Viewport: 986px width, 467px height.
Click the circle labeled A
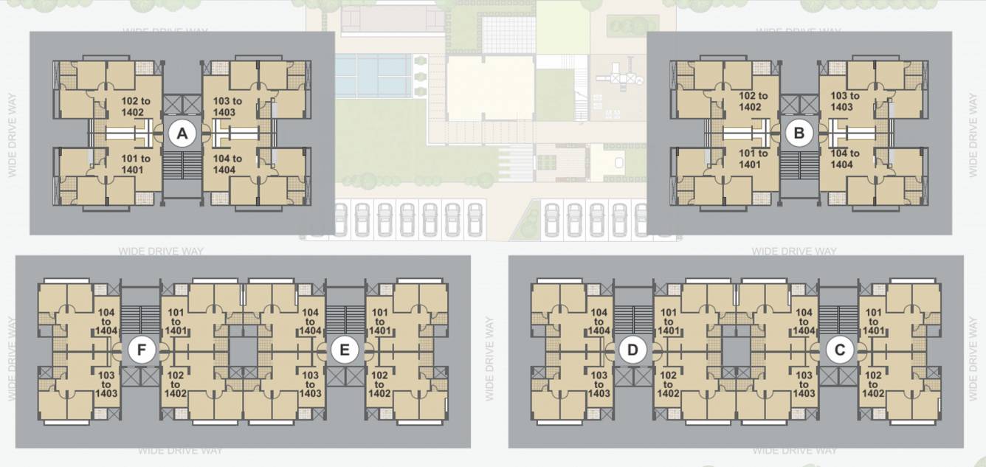pos(182,134)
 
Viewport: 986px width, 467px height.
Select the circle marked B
pos(799,134)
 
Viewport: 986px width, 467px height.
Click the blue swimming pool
pos(373,75)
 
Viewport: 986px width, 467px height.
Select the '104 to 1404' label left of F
pos(106,321)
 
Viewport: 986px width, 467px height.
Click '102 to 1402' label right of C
pos(872,384)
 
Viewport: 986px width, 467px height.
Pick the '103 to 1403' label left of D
pos(599,384)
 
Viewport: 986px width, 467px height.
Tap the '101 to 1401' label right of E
pos(379,322)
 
